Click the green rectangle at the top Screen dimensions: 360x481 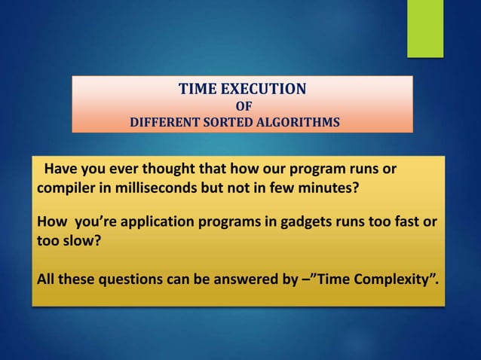425,28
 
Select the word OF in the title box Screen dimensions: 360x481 244,106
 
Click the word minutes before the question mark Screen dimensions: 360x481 329,188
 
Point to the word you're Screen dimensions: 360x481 88,224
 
